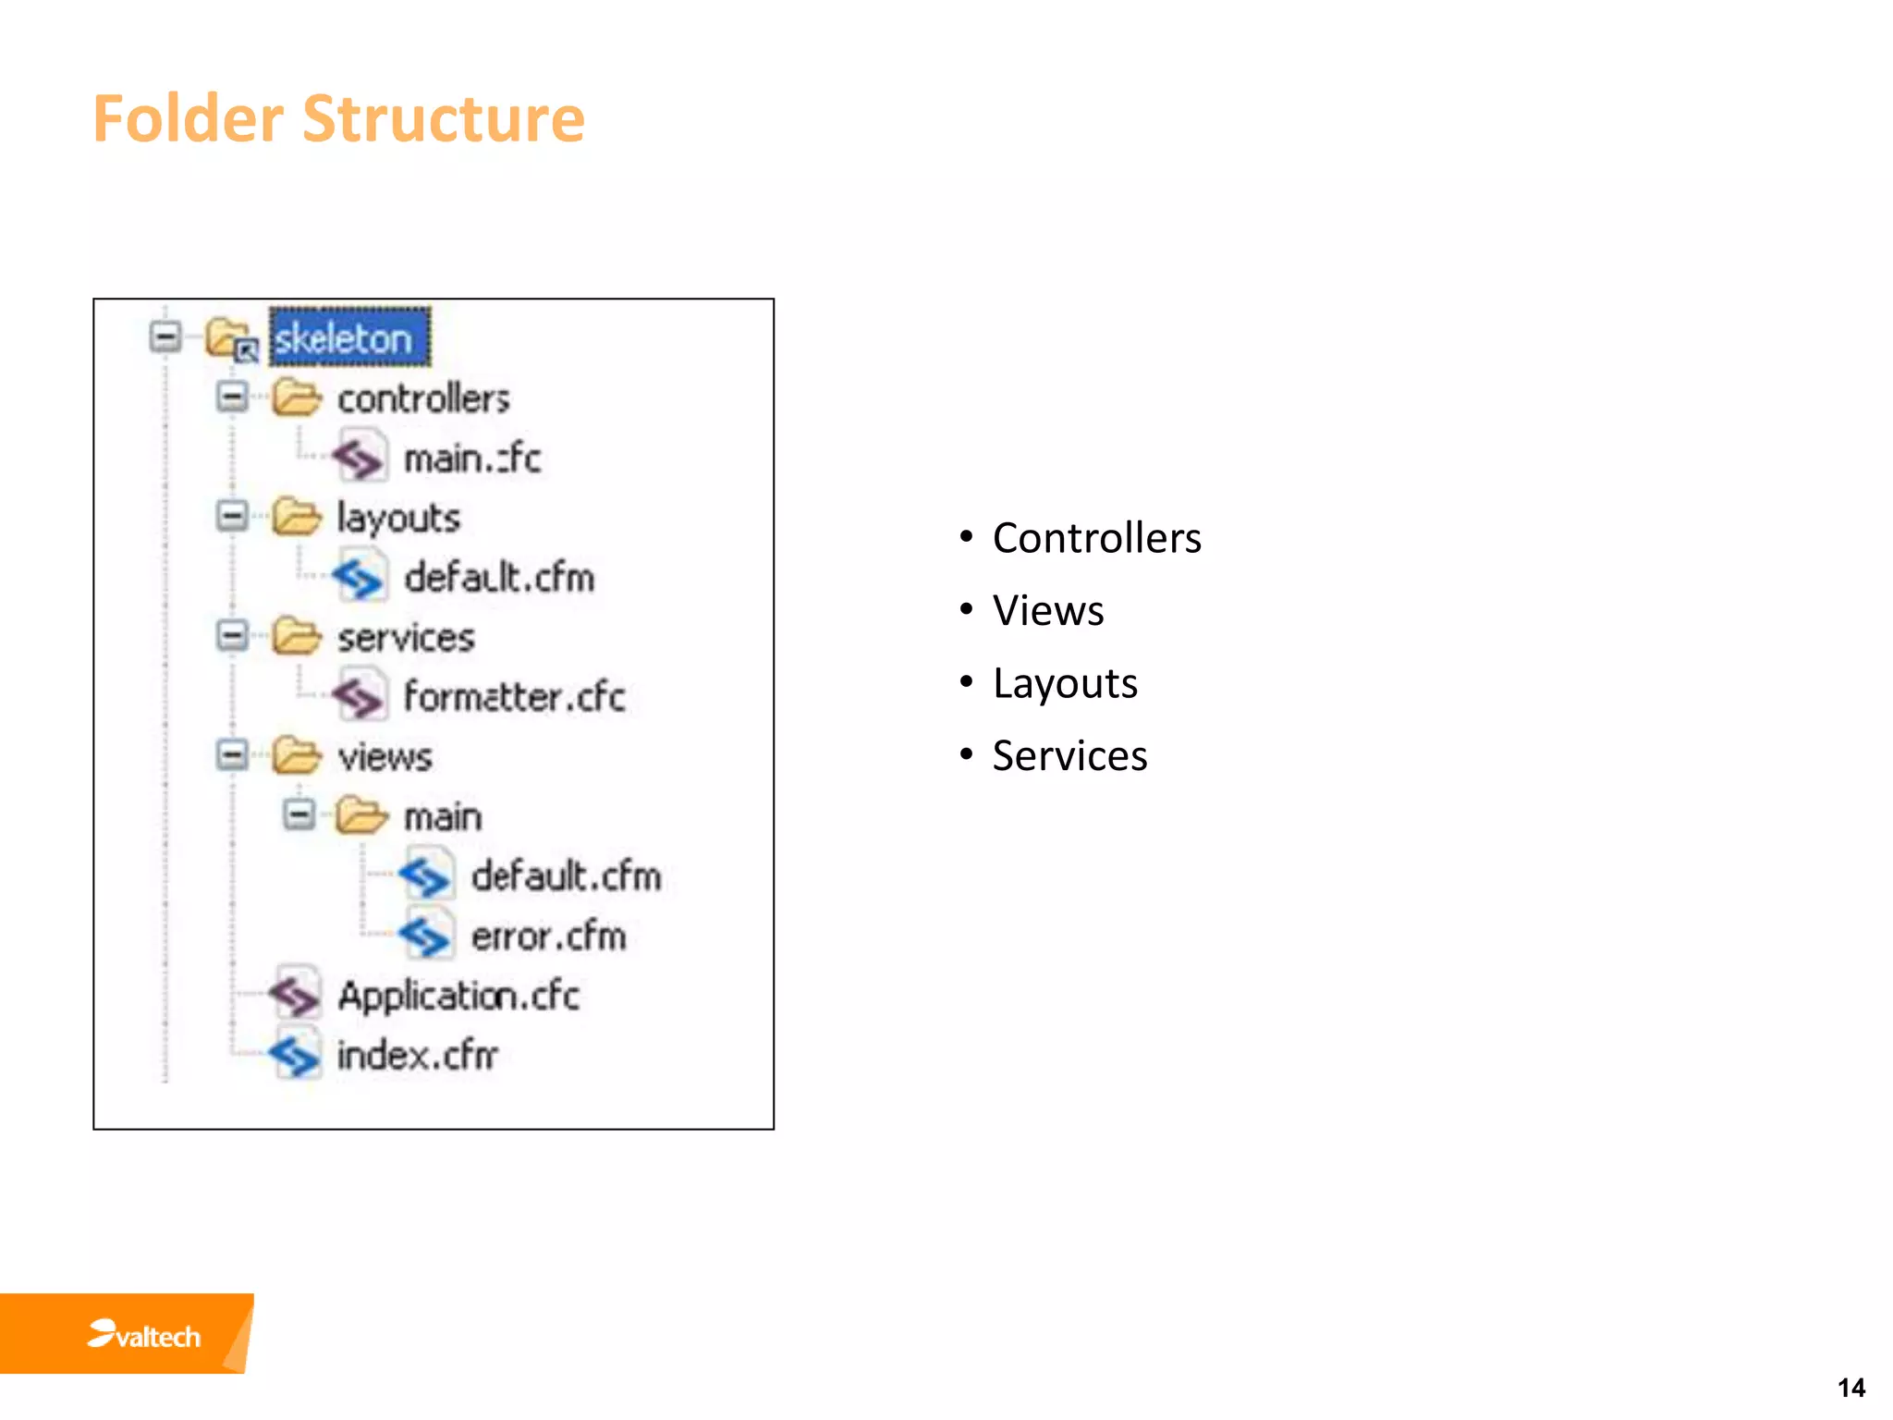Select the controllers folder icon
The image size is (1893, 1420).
pyautogui.click(x=296, y=398)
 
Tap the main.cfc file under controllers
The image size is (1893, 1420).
pyautogui.click(x=471, y=459)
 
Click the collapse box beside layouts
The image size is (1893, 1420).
pyautogui.click(x=232, y=516)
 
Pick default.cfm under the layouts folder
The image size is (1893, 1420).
pyautogui.click(x=499, y=578)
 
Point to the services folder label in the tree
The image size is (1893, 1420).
pyautogui.click(x=406, y=638)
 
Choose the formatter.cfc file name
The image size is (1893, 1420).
pyautogui.click(x=514, y=697)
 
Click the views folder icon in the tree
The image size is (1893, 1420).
pyautogui.click(x=296, y=756)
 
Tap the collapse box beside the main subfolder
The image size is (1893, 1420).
pyautogui.click(x=299, y=814)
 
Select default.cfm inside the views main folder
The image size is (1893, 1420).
pyautogui.click(x=566, y=876)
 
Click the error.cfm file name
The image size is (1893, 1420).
pyautogui.click(x=548, y=936)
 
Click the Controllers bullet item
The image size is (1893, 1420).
pyautogui.click(x=1096, y=538)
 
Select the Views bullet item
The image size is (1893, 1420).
pyautogui.click(x=1048, y=611)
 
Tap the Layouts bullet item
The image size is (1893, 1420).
pyautogui.click(x=1065, y=684)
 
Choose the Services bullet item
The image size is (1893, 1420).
pyautogui.click(x=1069, y=756)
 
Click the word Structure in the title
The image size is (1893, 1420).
pyautogui.click(x=444, y=118)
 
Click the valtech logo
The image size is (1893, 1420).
pyautogui.click(x=144, y=1335)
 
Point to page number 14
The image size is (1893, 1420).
pyautogui.click(x=1850, y=1388)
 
